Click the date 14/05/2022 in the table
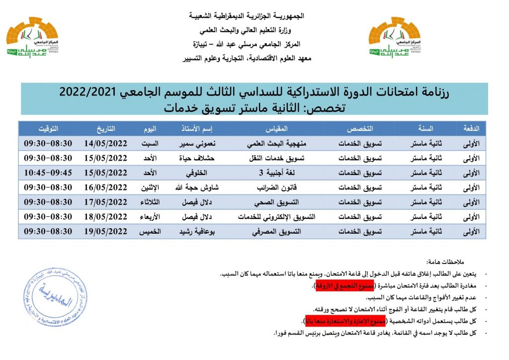pos(105,143)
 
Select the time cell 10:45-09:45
pos(48,173)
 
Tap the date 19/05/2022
pos(105,231)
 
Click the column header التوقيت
pos(48,128)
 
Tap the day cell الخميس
pos(149,231)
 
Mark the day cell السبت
pos(149,143)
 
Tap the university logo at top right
pos(394,41)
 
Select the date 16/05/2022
pos(105,187)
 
